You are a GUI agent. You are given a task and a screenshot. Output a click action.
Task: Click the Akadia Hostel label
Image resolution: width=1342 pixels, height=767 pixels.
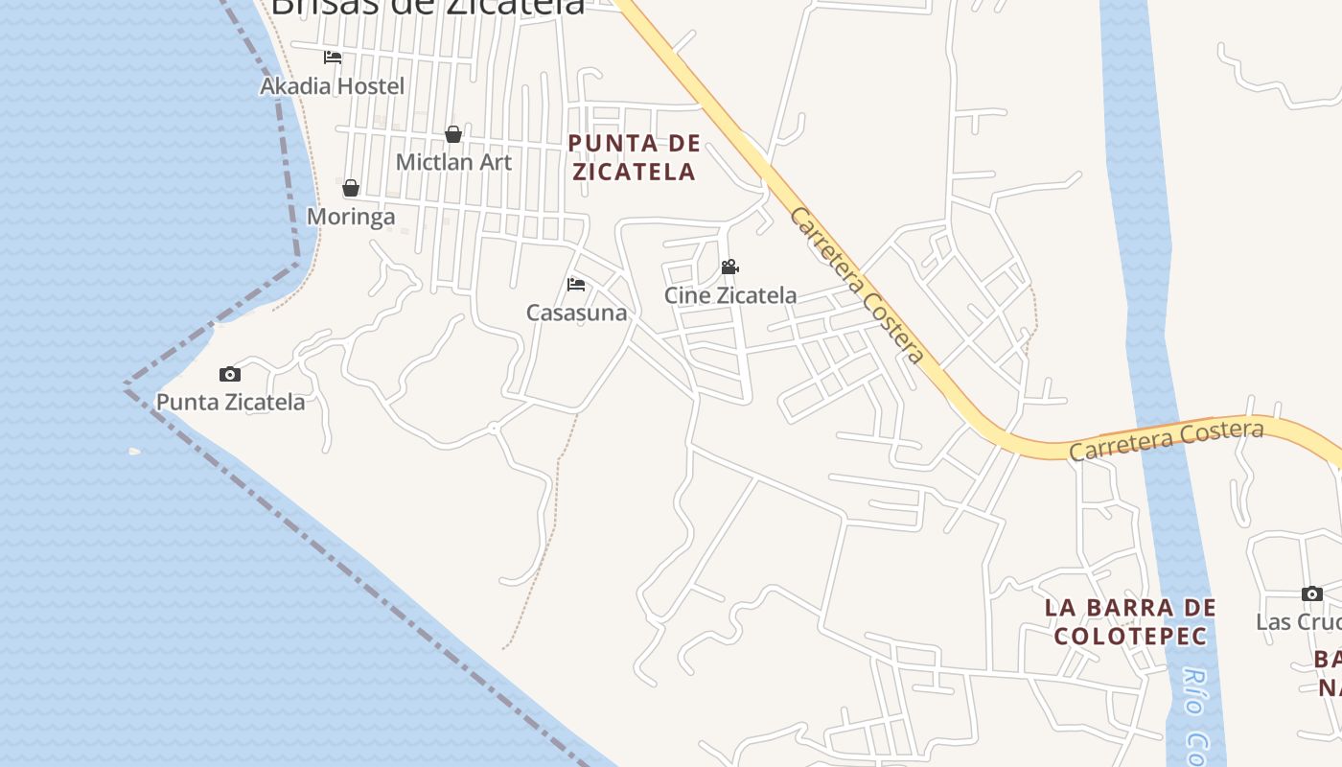point(332,86)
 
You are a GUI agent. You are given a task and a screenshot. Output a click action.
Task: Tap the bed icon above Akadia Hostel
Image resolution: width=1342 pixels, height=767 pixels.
point(333,58)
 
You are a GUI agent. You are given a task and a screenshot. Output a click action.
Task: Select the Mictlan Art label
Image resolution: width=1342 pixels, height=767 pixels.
point(453,162)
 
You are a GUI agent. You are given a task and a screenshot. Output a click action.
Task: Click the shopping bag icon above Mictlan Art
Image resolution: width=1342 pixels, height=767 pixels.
point(453,134)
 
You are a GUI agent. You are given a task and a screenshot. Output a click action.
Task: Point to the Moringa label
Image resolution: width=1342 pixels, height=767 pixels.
point(351,217)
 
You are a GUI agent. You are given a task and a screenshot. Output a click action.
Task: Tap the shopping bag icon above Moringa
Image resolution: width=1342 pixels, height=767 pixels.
point(351,188)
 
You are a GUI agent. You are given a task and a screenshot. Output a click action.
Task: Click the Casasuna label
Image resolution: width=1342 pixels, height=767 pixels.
point(577,313)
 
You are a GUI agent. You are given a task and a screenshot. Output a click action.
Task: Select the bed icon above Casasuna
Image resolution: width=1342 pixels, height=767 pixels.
point(576,284)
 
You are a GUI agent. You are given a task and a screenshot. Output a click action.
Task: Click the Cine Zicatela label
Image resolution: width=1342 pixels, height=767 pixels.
point(730,295)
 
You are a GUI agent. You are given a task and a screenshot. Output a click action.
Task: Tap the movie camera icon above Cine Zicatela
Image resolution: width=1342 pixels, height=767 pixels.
point(729,267)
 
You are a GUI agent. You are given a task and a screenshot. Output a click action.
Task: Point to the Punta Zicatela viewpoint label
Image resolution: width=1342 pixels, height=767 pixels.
point(230,402)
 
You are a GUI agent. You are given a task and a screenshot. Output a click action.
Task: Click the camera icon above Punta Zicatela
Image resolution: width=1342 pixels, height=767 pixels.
point(229,374)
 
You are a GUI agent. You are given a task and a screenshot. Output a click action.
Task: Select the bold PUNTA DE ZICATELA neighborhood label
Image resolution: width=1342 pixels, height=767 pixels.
point(634,158)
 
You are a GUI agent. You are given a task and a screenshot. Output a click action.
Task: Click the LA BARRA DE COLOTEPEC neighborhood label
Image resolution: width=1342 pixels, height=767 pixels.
point(1130,621)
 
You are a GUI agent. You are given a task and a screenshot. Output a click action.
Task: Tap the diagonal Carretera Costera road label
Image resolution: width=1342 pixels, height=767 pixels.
point(857,286)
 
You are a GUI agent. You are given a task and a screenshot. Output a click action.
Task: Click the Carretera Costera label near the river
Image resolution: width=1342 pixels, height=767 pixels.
point(1167,440)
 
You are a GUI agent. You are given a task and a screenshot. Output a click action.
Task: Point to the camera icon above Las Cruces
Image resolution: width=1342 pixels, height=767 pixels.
point(1312,593)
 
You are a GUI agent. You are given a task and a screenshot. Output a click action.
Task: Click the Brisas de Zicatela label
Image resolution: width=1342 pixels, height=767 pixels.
point(428,6)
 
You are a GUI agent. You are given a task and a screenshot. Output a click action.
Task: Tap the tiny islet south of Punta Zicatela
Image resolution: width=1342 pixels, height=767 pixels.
point(134,451)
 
